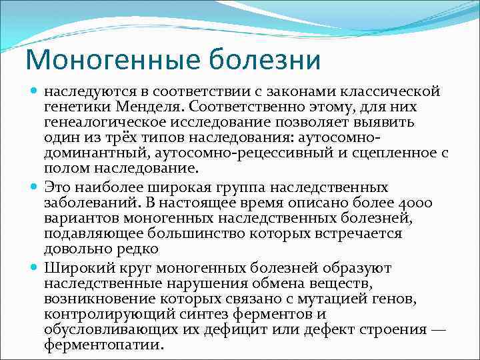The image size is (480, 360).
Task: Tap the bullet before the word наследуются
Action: pyautogui.click(x=35, y=89)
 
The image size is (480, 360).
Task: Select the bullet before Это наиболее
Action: pyautogui.click(x=35, y=187)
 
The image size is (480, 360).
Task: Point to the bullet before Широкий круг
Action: pyautogui.click(x=35, y=267)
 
